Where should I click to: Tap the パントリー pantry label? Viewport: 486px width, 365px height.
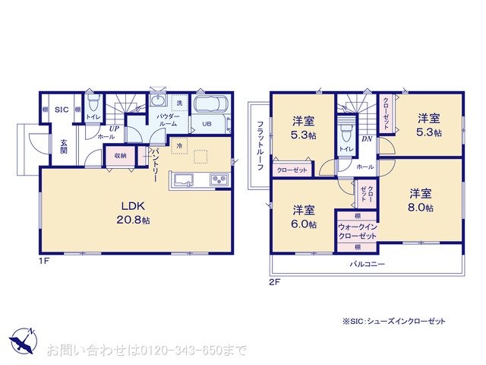[x=155, y=162]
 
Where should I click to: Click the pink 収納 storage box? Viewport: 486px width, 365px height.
[x=120, y=156]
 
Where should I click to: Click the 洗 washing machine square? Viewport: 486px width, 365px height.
[x=180, y=103]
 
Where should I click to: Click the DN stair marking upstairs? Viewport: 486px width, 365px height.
[x=366, y=139]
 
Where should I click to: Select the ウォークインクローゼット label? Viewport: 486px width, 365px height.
[x=356, y=231]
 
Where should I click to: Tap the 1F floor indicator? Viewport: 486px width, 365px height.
[x=44, y=261]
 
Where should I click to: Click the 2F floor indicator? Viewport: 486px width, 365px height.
[x=275, y=282]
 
